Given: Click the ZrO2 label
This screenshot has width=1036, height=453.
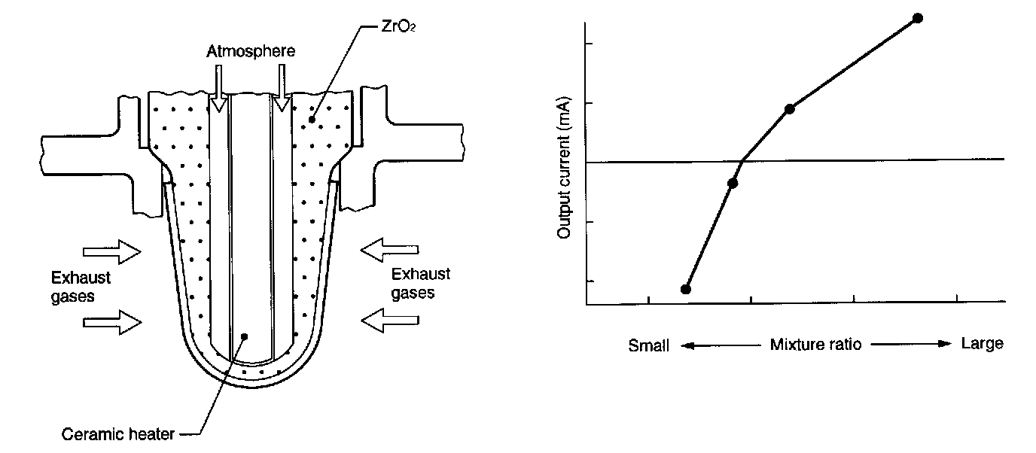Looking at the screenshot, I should point(389,14).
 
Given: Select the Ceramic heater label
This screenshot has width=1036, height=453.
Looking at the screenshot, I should point(119,434).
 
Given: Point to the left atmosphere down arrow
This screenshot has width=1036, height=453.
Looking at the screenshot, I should point(218,87).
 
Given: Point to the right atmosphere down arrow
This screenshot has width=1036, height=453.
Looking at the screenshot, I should point(282,87).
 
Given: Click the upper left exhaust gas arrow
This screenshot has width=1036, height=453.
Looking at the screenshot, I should point(111,252).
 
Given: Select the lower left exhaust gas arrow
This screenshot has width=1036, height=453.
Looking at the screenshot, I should point(111,322).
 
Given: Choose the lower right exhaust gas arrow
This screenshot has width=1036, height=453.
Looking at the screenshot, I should point(391,321).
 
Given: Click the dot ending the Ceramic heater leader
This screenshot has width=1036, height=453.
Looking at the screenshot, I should point(243,336).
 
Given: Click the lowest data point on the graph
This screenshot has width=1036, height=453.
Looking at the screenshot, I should point(685,289).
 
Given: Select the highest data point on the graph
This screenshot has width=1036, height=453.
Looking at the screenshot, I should point(917,18).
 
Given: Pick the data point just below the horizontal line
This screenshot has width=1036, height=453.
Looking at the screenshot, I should point(733,183).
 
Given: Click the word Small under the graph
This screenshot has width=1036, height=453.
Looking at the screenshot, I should point(649,347).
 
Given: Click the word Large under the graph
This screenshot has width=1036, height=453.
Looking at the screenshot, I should point(982,344).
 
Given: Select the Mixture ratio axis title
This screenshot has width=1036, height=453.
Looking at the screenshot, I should point(815,345).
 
